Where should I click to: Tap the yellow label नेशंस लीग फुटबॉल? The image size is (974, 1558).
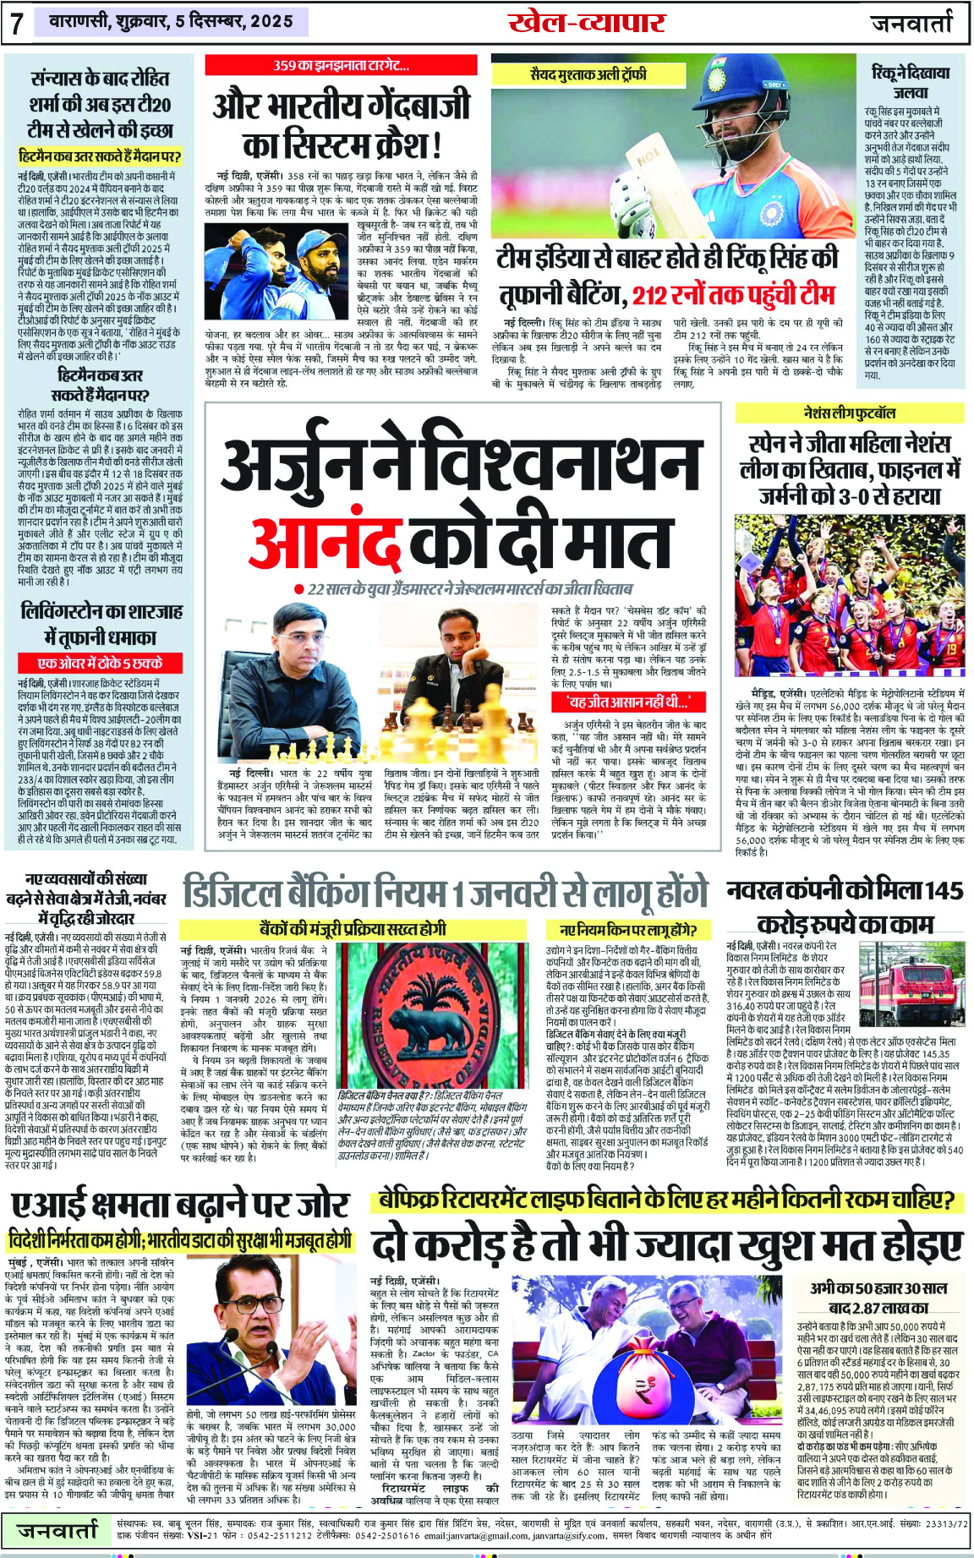[849, 413]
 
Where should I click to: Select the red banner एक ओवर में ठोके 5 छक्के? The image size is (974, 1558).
[100, 664]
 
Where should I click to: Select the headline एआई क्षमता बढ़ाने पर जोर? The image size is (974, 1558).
[179, 1204]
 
